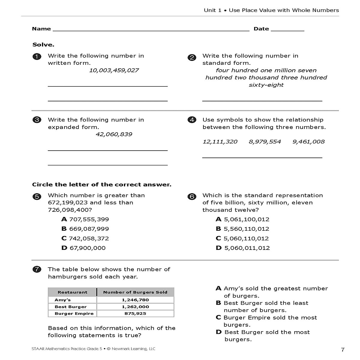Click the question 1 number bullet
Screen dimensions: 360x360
[x=37, y=57]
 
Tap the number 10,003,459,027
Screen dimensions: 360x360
[x=114, y=70]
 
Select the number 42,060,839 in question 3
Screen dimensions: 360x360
[x=114, y=134]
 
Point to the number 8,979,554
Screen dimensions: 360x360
[x=265, y=142]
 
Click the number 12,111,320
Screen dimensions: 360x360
[x=220, y=142]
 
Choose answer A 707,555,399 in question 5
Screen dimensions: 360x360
[x=85, y=219]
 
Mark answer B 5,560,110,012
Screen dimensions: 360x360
[x=243, y=229]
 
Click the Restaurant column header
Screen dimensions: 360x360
[x=72, y=292]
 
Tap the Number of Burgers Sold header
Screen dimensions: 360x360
[x=135, y=292]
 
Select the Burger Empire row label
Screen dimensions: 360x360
[x=74, y=313]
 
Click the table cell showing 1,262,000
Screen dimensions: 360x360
[x=135, y=307]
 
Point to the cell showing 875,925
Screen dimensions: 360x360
[x=135, y=313]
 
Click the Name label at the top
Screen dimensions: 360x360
[x=41, y=29]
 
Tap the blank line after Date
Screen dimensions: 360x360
[x=287, y=30]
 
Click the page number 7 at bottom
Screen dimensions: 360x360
[x=343, y=350]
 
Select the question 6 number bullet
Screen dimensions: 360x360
[x=192, y=197]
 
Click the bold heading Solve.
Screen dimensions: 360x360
[x=43, y=45]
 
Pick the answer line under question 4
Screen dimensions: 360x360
[x=262, y=157]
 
